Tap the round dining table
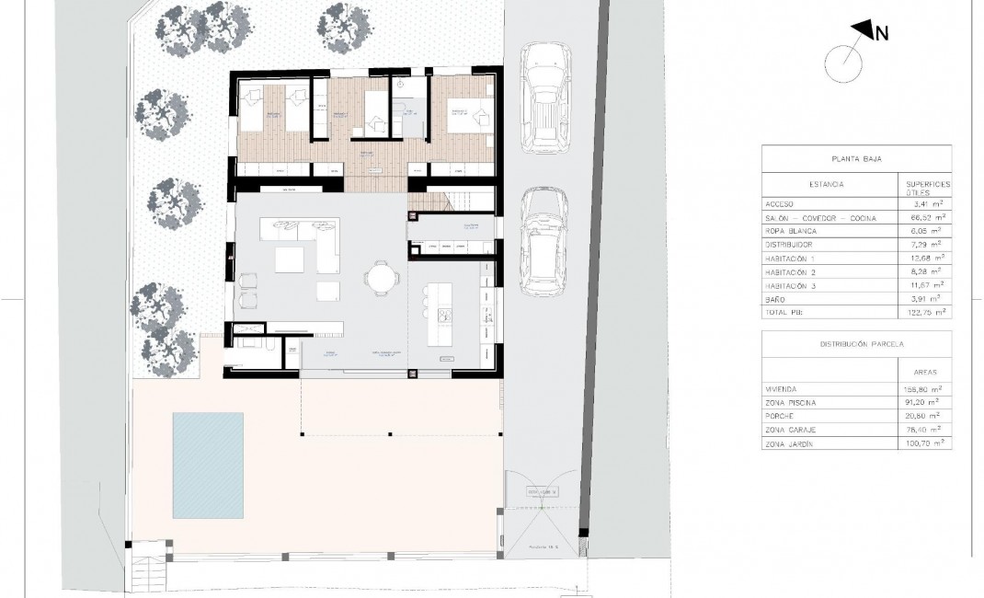381,276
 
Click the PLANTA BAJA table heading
856,158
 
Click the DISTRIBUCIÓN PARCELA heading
856,343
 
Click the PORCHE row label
782,417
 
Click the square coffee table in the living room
329,291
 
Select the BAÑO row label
777,299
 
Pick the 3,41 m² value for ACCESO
925,204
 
